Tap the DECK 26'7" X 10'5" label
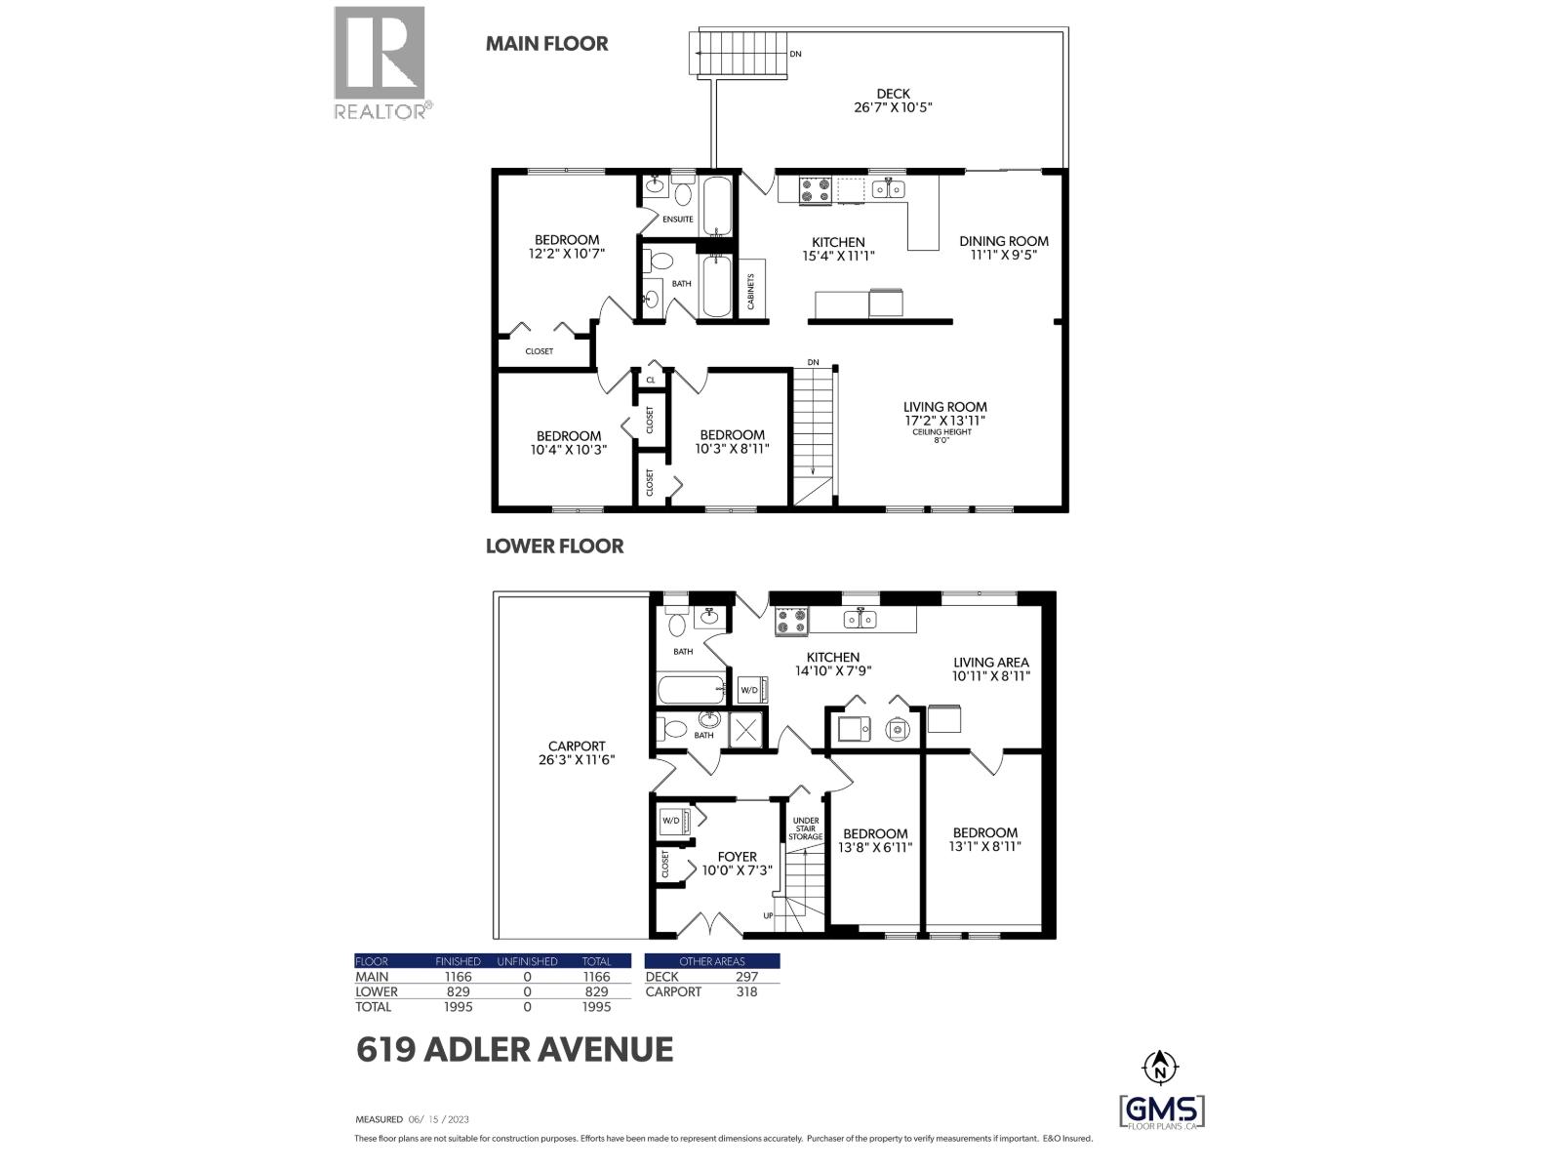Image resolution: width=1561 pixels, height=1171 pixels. coord(893,101)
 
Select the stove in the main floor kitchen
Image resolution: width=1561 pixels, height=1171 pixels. coord(816,189)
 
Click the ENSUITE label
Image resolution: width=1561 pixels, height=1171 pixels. coord(677,219)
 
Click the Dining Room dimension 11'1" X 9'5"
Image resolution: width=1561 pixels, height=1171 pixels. coord(1003,256)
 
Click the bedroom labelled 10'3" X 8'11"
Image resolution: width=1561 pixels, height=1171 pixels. coord(732,442)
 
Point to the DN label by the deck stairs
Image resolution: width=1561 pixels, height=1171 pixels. coord(796,54)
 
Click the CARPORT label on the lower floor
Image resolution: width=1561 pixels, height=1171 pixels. coord(577,752)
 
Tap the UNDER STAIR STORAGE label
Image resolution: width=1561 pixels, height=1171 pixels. coord(806,828)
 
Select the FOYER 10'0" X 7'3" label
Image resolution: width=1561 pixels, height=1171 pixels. coord(737,864)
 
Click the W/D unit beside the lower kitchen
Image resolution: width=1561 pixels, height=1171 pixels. coord(750,689)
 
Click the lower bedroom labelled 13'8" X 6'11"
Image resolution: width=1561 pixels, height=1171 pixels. coord(874,840)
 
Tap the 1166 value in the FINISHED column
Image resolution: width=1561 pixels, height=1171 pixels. coord(457,976)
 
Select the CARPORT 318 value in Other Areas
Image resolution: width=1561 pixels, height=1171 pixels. coord(746,991)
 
